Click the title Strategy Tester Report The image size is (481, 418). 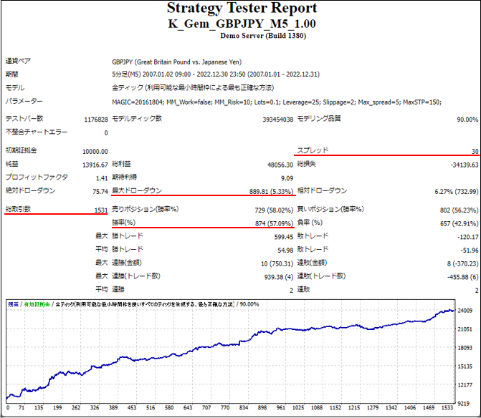(241, 9)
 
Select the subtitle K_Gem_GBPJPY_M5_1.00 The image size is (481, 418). (241, 23)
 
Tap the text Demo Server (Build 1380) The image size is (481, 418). (241, 35)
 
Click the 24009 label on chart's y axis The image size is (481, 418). (466, 311)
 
